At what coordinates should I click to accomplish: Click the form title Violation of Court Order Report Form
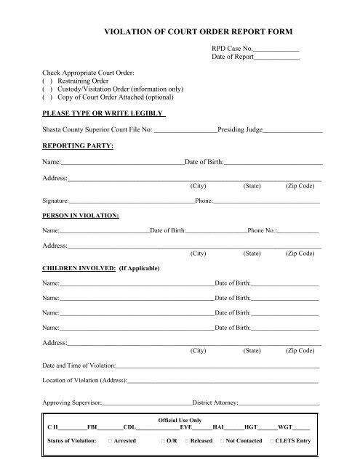click(202, 33)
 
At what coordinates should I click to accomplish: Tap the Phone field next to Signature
click(266, 201)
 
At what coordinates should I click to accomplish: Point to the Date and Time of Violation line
click(217, 366)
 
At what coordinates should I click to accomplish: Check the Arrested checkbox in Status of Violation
click(109, 440)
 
